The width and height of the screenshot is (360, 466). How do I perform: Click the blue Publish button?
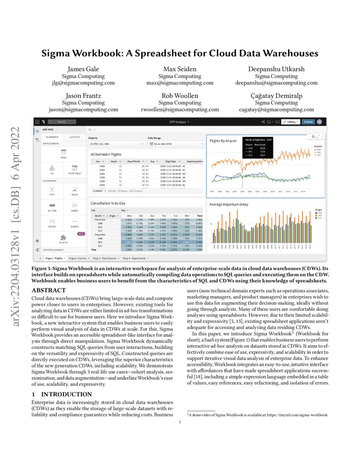pos(308,122)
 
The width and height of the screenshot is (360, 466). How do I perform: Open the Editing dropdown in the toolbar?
pos(291,122)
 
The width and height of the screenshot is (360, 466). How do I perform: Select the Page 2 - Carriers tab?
pos(78,258)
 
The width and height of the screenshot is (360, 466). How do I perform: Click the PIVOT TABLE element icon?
pos(75,170)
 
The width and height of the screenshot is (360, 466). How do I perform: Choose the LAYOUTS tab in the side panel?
pos(75,137)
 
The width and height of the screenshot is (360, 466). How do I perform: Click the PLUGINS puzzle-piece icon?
pos(63,238)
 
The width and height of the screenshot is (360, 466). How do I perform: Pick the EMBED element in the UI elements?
pos(75,206)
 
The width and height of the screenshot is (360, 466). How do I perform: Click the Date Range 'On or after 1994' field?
pos(176,144)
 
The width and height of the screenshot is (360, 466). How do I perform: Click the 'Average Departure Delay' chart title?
pos(229,204)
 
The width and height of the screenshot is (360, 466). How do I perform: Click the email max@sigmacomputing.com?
pos(180,83)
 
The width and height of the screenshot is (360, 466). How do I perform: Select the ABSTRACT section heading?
pos(49,290)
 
